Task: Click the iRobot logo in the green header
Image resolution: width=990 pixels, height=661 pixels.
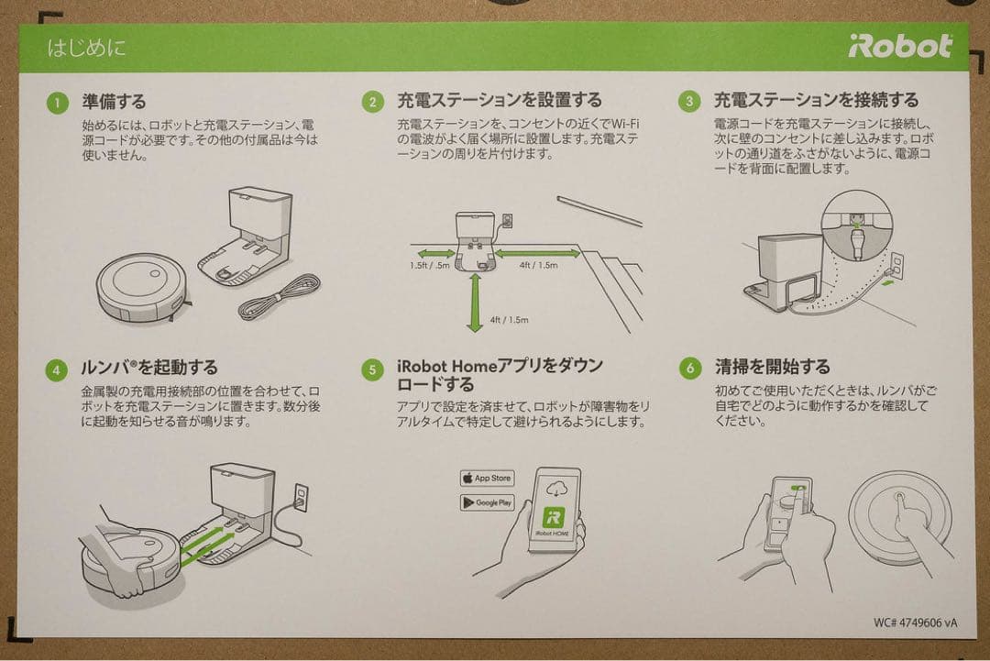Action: [x=899, y=47]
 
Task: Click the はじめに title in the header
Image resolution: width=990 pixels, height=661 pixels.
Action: [x=87, y=48]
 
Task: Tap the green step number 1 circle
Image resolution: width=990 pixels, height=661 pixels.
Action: [x=58, y=103]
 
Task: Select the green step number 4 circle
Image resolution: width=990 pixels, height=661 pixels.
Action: [x=58, y=369]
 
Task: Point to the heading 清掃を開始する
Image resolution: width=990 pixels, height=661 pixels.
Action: [x=772, y=368]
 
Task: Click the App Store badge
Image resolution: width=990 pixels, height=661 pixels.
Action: [x=487, y=479]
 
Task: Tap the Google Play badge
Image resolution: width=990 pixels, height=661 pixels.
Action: [x=487, y=502]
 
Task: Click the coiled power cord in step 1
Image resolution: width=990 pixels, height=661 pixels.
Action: [x=279, y=297]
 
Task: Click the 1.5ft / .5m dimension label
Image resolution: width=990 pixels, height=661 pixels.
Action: [x=430, y=267]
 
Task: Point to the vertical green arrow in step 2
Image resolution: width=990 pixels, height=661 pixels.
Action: [x=474, y=303]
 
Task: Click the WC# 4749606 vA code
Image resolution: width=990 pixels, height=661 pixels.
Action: [x=915, y=622]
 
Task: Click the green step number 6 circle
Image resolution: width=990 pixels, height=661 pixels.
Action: [x=689, y=369]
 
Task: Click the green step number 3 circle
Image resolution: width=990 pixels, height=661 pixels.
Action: [x=689, y=102]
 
